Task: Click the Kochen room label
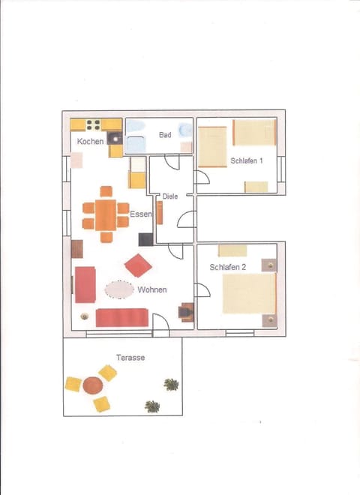(90, 142)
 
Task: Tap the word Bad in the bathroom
(165, 135)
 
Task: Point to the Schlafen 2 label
(229, 267)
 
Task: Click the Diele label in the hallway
(170, 196)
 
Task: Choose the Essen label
(140, 214)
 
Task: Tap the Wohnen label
(151, 289)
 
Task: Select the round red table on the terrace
(93, 385)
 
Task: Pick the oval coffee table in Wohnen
(119, 289)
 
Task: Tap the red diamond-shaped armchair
(138, 265)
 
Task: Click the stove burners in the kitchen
(94, 125)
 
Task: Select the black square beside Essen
(145, 240)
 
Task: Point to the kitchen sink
(115, 138)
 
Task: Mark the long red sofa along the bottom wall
(121, 317)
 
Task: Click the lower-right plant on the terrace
(152, 406)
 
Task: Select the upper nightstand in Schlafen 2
(268, 265)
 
